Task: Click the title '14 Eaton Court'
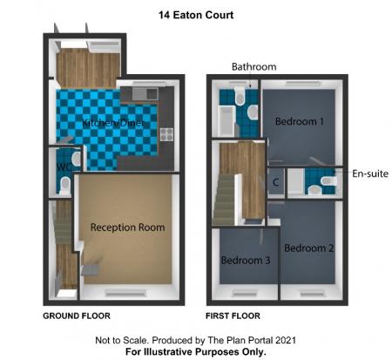pyautogui.click(x=196, y=15)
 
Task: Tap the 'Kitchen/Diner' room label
pyautogui.click(x=112, y=123)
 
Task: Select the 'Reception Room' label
pyautogui.click(x=127, y=228)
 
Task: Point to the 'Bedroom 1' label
pyautogui.click(x=300, y=122)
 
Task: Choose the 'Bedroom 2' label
pyautogui.click(x=308, y=247)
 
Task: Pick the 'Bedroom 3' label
pyautogui.click(x=245, y=260)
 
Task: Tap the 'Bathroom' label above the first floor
pyautogui.click(x=253, y=67)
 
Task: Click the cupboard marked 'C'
pyautogui.click(x=275, y=183)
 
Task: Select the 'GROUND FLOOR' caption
pyautogui.click(x=77, y=315)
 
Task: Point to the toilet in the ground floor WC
pyautogui.click(x=73, y=160)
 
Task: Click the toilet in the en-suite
pyautogui.click(x=328, y=182)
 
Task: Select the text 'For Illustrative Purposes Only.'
pyautogui.click(x=196, y=351)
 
